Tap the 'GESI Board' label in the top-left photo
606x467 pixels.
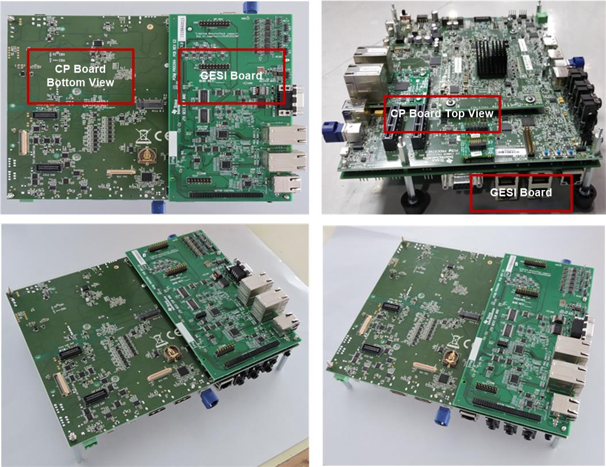(x=231, y=76)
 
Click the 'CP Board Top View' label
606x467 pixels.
(x=442, y=114)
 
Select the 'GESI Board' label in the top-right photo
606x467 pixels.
(x=521, y=192)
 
